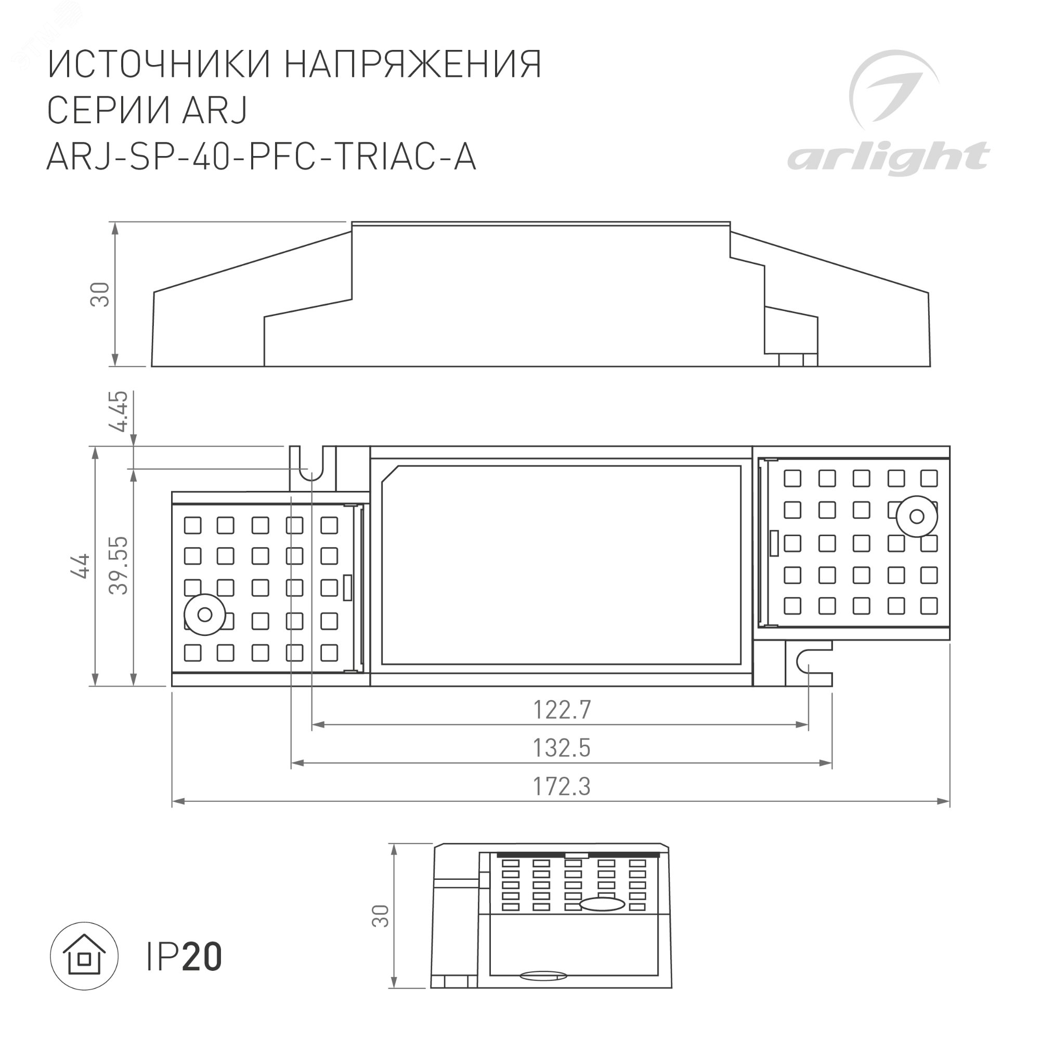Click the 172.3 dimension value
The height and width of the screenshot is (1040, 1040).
click(562, 786)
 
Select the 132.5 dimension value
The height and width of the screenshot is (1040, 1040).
click(562, 748)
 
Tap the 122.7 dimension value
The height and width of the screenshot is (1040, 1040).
click(562, 709)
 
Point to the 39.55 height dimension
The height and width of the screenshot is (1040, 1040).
click(119, 565)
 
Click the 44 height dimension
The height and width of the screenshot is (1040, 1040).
click(80, 566)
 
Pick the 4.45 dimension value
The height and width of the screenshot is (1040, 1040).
click(119, 411)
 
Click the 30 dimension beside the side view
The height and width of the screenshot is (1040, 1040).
click(100, 294)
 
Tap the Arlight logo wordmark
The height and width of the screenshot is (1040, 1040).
click(888, 158)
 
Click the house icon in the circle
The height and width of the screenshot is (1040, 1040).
click(84, 957)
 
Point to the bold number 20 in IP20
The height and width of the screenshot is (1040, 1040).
click(202, 957)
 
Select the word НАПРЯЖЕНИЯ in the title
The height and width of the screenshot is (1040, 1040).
click(412, 64)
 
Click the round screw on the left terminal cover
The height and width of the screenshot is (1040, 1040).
click(204, 614)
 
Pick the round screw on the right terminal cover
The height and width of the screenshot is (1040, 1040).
click(917, 517)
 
